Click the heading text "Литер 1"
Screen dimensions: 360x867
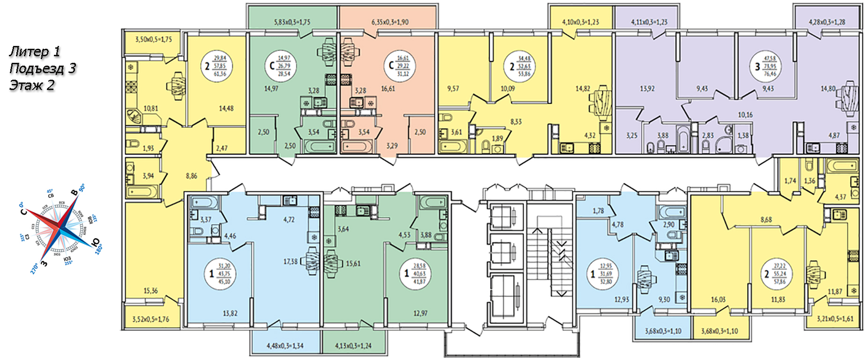pyautogui.click(x=35, y=52)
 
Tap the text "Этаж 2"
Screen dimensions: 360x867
pyautogui.click(x=31, y=85)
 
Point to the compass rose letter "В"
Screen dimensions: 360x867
pyautogui.click(x=74, y=193)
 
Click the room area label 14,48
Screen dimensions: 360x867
pyautogui.click(x=226, y=108)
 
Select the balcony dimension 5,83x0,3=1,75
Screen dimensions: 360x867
pyautogui.click(x=292, y=22)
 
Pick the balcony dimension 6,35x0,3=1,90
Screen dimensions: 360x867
pyautogui.click(x=390, y=22)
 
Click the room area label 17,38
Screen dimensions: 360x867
pyautogui.click(x=291, y=262)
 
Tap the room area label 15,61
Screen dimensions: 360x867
pyautogui.click(x=353, y=263)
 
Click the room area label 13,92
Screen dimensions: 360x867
pyautogui.click(x=647, y=88)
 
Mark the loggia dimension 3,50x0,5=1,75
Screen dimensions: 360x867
pyautogui.click(x=153, y=39)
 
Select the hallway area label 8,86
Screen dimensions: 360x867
pyautogui.click(x=191, y=176)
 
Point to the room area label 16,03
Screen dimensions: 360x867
pyautogui.click(x=718, y=299)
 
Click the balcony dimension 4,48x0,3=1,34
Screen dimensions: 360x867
pyautogui.click(x=285, y=346)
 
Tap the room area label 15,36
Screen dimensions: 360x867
pyautogui.click(x=150, y=291)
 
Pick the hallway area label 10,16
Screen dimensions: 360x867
pyautogui.click(x=745, y=115)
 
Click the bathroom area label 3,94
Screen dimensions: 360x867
pyautogui.click(x=148, y=176)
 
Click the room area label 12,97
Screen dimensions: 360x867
pyautogui.click(x=420, y=313)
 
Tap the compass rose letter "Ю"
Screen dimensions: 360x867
pyautogui.click(x=96, y=242)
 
